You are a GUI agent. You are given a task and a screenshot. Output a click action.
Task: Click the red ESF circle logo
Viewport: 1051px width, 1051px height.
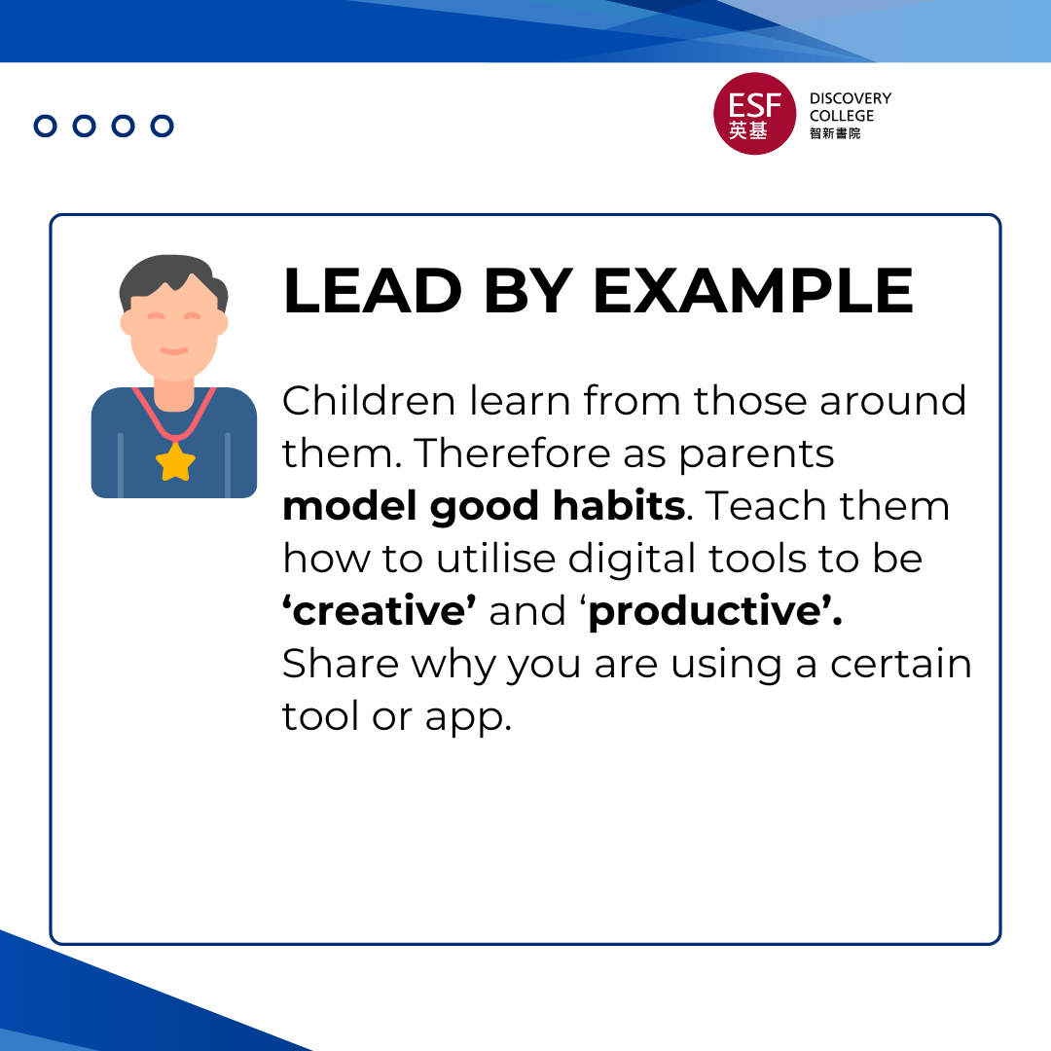pos(754,113)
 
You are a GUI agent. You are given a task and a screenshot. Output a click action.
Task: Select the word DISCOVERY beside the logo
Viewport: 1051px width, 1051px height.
pos(850,98)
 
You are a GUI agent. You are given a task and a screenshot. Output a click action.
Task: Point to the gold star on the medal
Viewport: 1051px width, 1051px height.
pos(175,461)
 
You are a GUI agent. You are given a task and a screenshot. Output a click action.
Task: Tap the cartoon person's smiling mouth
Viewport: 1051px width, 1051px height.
pos(173,349)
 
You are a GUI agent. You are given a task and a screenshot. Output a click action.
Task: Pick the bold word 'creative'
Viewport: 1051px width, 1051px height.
pos(380,611)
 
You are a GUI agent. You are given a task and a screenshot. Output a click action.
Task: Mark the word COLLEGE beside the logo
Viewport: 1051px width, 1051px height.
pos(842,116)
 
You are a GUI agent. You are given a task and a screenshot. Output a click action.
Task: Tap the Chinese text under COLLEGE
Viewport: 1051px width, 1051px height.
pos(835,133)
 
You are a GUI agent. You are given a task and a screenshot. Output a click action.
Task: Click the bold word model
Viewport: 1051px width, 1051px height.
pos(349,506)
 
